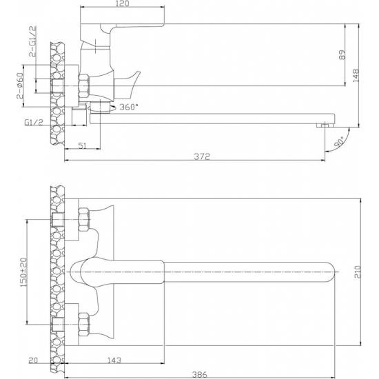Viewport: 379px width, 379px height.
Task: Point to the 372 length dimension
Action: click(x=202, y=156)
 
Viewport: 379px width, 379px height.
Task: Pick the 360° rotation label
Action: click(x=129, y=107)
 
